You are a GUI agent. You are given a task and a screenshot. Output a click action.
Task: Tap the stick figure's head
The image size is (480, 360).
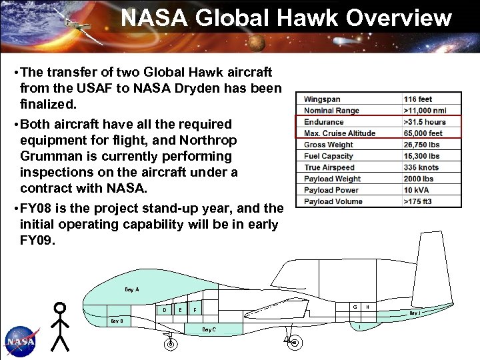click(x=61, y=308)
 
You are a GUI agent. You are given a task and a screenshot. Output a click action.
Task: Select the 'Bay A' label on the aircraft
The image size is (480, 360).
click(x=132, y=289)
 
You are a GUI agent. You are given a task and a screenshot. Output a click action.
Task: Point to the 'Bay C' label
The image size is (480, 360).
click(x=209, y=329)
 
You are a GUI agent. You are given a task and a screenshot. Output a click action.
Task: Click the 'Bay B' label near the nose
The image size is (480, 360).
click(x=117, y=321)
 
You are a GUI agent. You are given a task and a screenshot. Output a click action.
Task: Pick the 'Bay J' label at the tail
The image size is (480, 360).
click(x=415, y=313)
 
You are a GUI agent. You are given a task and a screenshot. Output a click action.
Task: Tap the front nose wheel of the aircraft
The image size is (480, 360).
click(x=171, y=344)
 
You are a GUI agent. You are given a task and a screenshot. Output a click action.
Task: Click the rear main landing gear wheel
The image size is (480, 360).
click(x=293, y=342)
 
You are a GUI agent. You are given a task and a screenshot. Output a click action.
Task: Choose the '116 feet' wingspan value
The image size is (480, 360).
click(x=418, y=99)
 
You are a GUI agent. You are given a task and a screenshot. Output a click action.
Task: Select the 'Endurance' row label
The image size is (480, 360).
click(x=324, y=122)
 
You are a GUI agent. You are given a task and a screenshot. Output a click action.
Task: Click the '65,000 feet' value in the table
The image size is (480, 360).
click(x=423, y=133)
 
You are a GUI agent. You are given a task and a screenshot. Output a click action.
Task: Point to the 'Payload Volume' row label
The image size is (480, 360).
click(x=333, y=201)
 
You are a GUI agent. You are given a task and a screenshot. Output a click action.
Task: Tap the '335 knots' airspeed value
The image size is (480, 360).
click(x=421, y=167)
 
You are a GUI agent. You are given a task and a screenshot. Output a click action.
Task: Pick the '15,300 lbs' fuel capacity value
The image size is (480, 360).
click(x=421, y=156)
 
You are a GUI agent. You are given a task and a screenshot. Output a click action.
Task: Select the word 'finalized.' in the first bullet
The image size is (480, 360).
click(x=49, y=105)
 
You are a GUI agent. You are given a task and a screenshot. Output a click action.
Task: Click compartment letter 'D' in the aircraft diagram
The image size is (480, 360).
click(x=165, y=309)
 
